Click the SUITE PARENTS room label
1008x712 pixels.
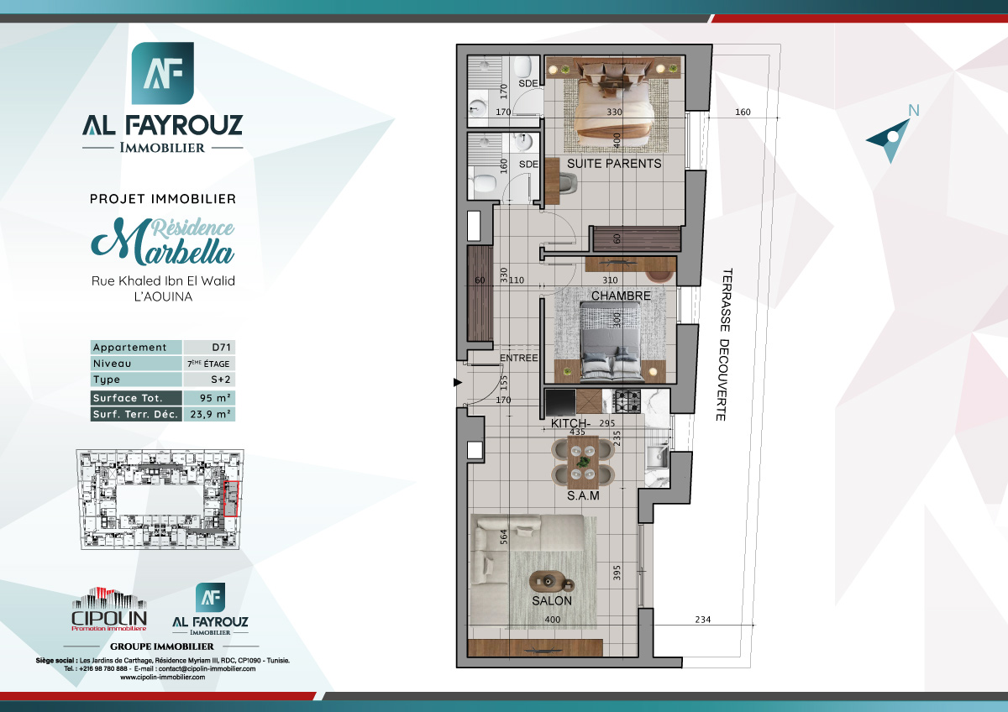(614, 164)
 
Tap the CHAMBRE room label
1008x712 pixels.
(621, 296)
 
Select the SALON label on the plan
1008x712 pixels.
(551, 601)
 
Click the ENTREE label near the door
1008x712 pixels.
(518, 359)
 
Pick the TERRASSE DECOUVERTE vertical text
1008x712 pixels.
(723, 345)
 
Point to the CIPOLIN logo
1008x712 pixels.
(109, 610)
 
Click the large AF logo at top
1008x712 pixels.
(163, 73)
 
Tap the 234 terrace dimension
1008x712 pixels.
(703, 620)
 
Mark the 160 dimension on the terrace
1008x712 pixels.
(742, 113)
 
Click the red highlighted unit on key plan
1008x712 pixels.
(233, 499)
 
